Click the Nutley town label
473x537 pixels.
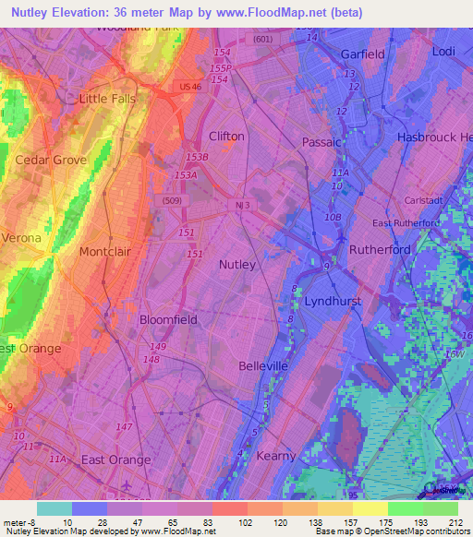(236, 265)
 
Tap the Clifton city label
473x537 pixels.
(226, 137)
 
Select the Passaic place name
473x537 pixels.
(321, 142)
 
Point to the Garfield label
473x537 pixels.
(362, 54)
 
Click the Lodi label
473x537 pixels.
(443, 52)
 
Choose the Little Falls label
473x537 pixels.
(107, 99)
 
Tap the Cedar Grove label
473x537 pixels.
(51, 160)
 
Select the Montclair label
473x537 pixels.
(107, 252)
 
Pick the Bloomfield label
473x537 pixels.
(168, 320)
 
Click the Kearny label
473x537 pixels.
(275, 456)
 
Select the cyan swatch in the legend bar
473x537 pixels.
(54, 508)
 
